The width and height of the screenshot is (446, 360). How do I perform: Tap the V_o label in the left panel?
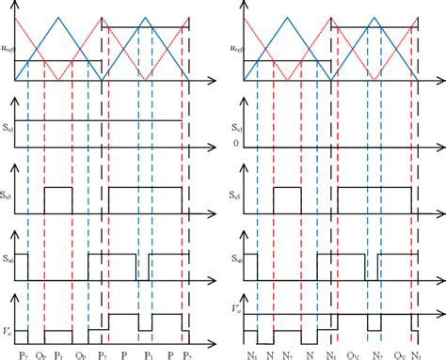click(x=8, y=305)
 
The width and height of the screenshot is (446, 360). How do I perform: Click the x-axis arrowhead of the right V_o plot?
click(x=440, y=342)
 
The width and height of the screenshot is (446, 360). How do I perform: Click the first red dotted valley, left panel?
click(x=58, y=82)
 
